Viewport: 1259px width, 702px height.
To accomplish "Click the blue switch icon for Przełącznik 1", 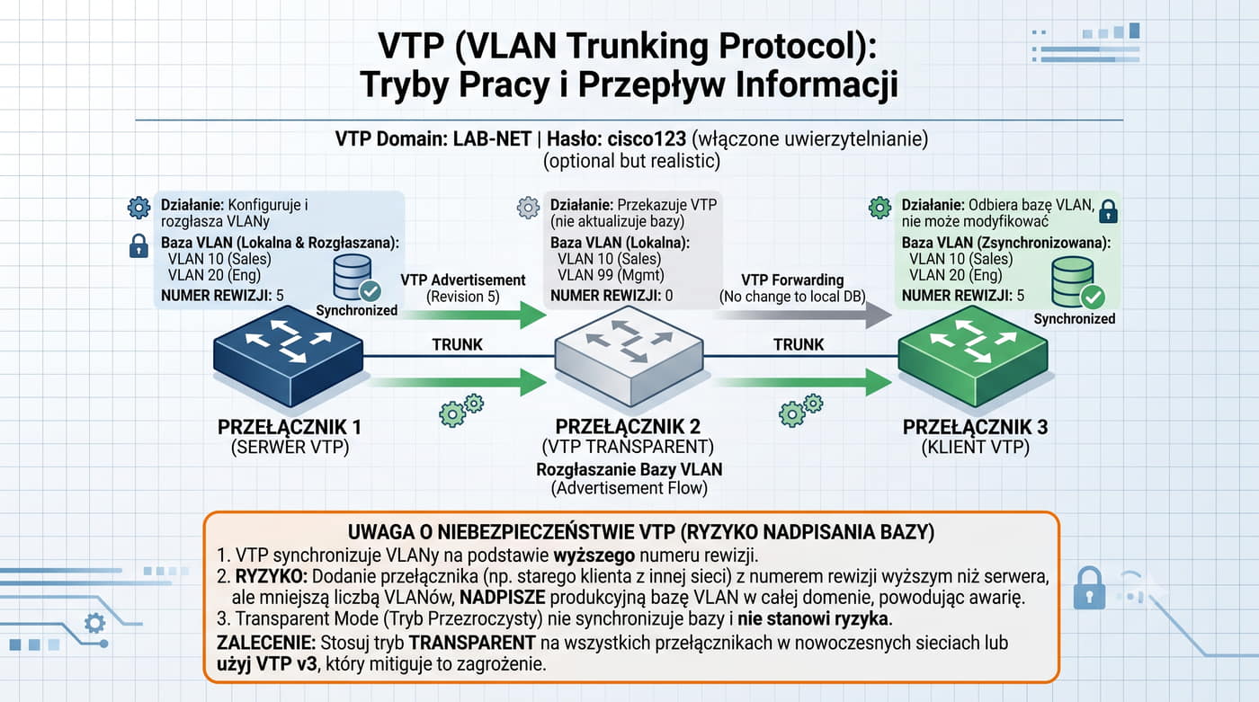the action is tap(289, 356).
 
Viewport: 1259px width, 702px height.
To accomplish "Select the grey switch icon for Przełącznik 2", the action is tap(629, 356).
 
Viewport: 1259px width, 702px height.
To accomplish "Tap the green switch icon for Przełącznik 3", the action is tap(973, 356).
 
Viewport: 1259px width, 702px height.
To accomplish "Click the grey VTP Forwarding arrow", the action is tap(805, 315).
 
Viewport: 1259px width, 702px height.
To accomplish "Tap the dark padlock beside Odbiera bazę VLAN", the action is tap(1108, 212).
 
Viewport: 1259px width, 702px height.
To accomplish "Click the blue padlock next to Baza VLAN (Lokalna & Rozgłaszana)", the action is tap(138, 246).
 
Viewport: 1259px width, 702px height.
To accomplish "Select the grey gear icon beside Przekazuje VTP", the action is tap(528, 208).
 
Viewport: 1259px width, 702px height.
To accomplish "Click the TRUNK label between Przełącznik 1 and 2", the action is tap(457, 344).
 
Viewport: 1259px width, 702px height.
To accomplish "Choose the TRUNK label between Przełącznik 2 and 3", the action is tap(799, 344).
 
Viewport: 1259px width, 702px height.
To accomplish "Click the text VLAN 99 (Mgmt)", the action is tap(611, 275).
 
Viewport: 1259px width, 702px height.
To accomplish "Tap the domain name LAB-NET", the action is tap(492, 138).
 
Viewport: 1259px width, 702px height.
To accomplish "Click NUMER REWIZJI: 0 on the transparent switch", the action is tap(611, 296).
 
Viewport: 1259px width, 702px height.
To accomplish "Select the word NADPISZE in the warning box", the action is tap(503, 597).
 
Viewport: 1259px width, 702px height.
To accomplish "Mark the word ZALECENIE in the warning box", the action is tap(266, 643).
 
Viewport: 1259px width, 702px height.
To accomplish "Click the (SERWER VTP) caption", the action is tap(290, 447).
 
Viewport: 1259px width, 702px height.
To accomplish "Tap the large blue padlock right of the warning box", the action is tap(1089, 588).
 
